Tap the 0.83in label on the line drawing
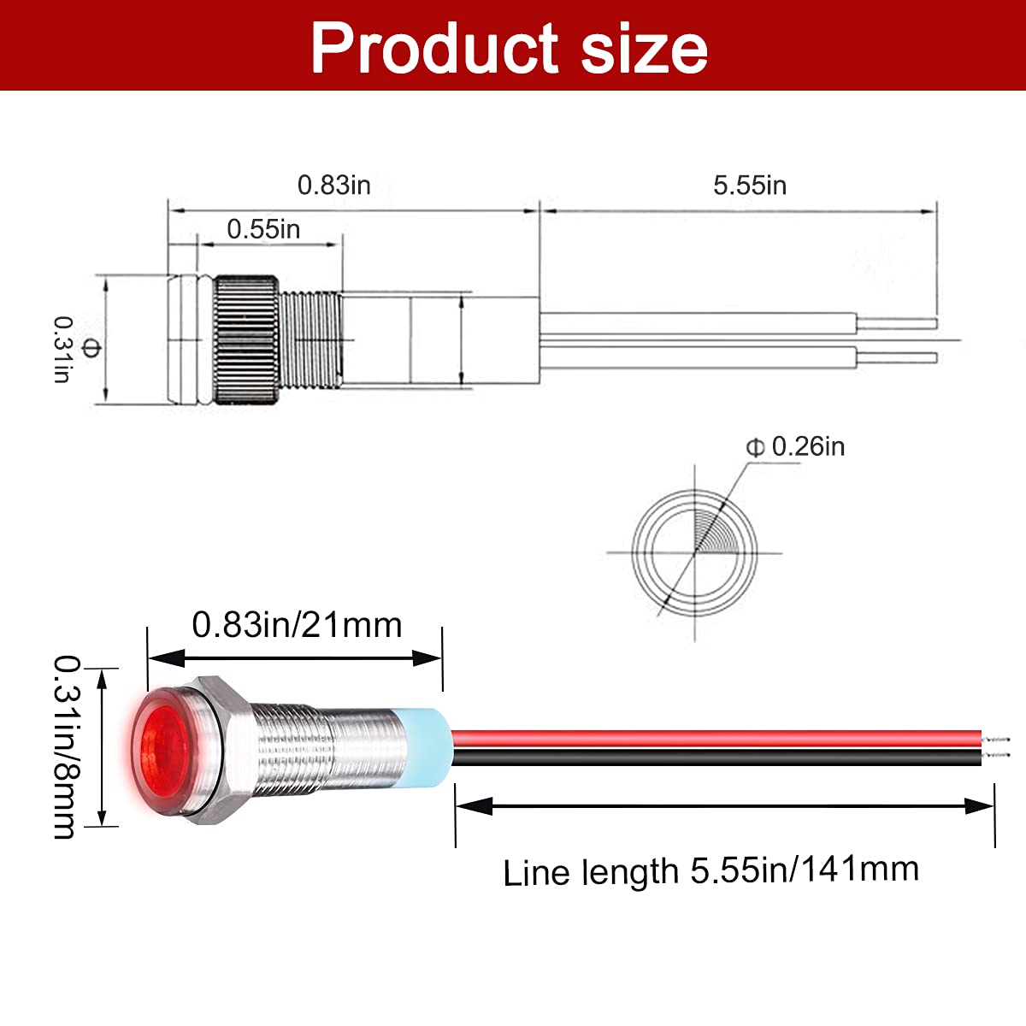[x=333, y=185]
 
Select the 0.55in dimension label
[x=263, y=229]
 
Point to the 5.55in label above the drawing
[x=749, y=186]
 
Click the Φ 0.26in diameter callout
[x=796, y=446]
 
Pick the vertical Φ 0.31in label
[x=75, y=349]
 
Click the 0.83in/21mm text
[x=297, y=625]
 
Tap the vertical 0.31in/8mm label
[x=67, y=746]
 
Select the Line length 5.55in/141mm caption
[x=711, y=871]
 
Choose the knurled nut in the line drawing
[x=245, y=339]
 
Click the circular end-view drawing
[x=695, y=552]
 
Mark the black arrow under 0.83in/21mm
[x=295, y=657]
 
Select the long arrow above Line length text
[x=725, y=805]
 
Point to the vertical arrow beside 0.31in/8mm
[x=103, y=747]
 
